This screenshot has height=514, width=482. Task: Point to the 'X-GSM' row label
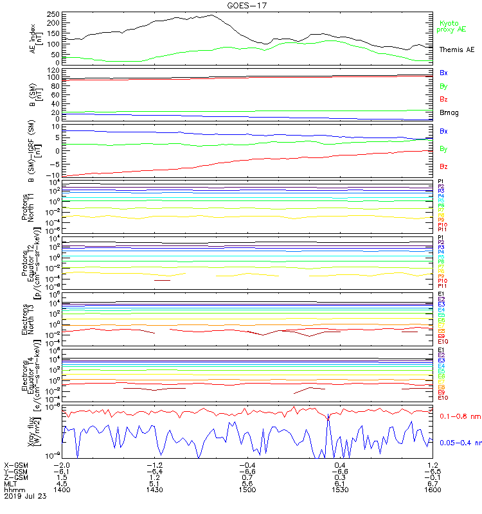[x=17, y=465]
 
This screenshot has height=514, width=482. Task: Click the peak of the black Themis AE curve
[x=212, y=15]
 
